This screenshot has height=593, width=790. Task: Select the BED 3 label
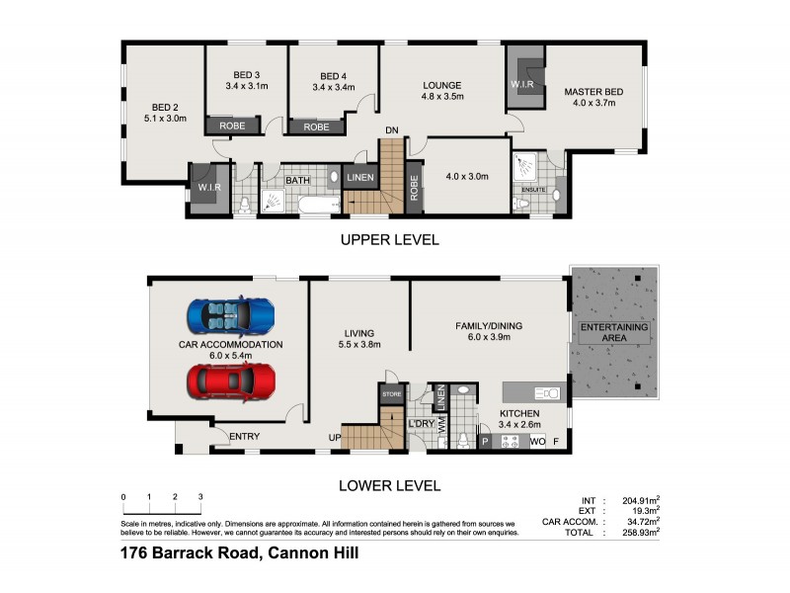coord(247,75)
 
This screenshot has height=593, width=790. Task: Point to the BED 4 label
coord(333,76)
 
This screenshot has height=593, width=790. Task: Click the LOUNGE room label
coord(442,86)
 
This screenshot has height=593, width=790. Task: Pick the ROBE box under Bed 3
coord(232,127)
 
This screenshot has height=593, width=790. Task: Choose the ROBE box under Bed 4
coord(316,127)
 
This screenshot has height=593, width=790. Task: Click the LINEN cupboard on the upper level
coord(361,178)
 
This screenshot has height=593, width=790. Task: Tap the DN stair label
coord(392,131)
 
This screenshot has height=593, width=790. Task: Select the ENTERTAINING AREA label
coord(614,333)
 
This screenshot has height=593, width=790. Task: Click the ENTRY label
coord(244,436)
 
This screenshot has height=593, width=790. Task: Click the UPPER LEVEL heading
coord(389,240)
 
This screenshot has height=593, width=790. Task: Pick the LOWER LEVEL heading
coord(389,485)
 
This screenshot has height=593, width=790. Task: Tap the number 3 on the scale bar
coord(200,496)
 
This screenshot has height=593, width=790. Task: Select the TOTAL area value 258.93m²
coord(638,532)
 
